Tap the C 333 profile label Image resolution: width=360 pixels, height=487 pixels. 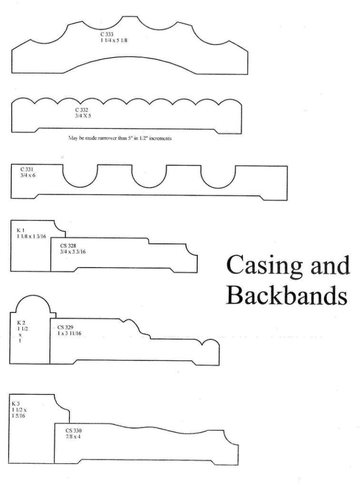point(107,34)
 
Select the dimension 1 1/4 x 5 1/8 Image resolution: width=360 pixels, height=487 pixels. point(114,40)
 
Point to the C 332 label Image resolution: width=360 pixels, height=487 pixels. point(81,110)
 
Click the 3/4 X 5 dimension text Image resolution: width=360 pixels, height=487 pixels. point(81,116)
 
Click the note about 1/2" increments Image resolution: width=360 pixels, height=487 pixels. point(120,138)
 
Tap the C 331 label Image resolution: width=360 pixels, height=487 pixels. point(27,169)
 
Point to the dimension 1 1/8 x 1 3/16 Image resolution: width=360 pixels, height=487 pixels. point(31,236)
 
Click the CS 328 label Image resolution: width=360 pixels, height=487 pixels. point(68,246)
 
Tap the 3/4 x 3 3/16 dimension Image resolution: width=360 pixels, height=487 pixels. point(73,252)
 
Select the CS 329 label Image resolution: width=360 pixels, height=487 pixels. point(65,327)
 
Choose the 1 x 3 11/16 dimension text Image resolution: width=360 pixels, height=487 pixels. point(69,333)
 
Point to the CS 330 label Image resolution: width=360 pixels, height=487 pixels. point(73,431)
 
